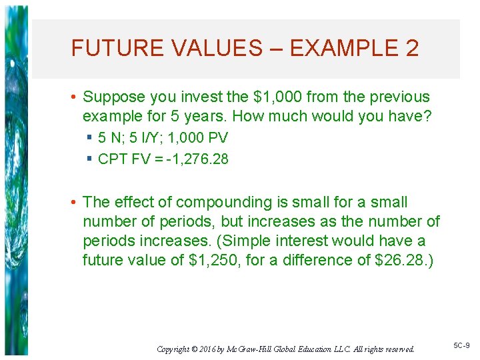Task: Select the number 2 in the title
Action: [x=411, y=49]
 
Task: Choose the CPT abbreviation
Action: [x=113, y=159]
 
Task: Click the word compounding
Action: [x=218, y=203]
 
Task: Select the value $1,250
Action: [x=211, y=260]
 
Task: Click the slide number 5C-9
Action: [x=461, y=345]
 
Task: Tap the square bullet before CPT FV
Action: [x=89, y=159]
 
